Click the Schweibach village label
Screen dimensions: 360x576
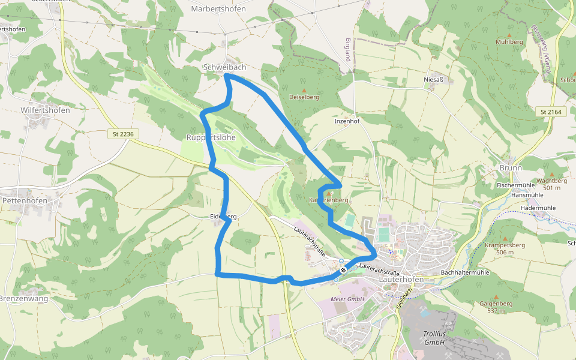[x=224, y=67]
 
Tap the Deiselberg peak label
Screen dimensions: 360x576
[x=304, y=97]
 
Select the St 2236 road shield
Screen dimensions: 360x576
[x=122, y=134]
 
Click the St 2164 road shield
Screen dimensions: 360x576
[x=550, y=112]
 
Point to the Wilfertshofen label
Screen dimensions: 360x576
[x=45, y=110]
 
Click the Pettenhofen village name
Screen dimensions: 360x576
[x=25, y=200]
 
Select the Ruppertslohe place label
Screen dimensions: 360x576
[x=211, y=137]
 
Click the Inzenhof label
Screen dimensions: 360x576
[x=347, y=121]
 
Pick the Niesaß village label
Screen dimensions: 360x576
[x=433, y=79]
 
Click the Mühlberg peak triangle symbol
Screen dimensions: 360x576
[x=509, y=35]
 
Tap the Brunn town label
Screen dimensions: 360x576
[x=511, y=168]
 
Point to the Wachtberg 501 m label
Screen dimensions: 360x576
[x=551, y=184]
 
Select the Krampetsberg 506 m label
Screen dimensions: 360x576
[x=505, y=248]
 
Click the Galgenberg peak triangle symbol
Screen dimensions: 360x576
[x=496, y=297]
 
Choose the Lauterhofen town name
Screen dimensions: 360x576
[x=401, y=280]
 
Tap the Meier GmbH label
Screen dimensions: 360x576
[x=347, y=299]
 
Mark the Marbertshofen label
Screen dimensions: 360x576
[x=219, y=9]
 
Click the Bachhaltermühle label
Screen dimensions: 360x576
[x=465, y=273]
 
